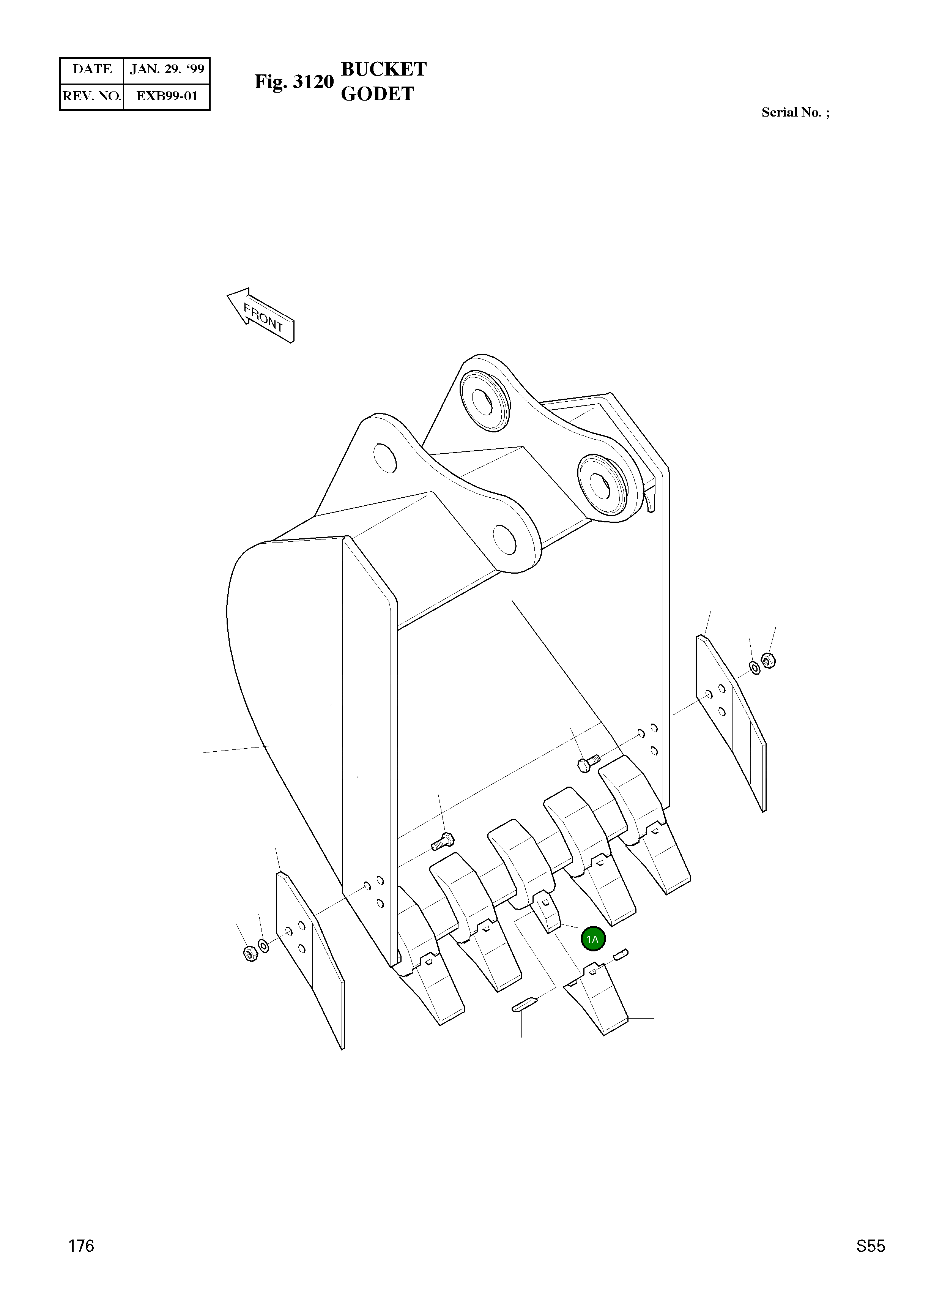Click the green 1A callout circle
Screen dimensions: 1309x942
[592, 939]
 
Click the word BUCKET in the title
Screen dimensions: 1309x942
[384, 69]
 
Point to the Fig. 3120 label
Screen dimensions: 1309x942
[294, 82]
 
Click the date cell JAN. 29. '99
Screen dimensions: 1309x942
[167, 70]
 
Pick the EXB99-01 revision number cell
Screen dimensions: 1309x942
[167, 96]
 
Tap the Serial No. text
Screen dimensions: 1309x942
[795, 112]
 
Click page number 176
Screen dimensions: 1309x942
[81, 1262]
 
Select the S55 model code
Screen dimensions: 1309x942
[870, 1262]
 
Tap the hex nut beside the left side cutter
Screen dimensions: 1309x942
[250, 954]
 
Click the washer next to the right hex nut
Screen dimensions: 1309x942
[755, 668]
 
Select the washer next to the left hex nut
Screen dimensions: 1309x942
[263, 946]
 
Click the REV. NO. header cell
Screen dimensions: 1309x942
[92, 96]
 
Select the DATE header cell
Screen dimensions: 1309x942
[92, 70]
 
